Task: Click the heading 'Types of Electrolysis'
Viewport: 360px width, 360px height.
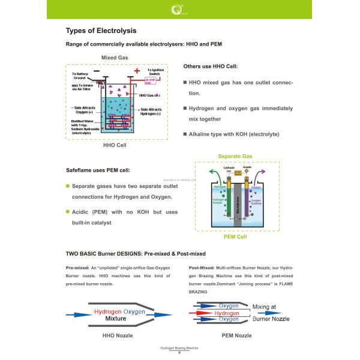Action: click(100, 31)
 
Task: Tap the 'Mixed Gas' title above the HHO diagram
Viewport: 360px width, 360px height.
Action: click(115, 58)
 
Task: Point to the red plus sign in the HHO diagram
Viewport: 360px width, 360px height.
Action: click(137, 71)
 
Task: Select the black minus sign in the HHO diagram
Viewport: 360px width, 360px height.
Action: click(106, 71)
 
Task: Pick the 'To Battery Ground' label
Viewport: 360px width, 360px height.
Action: click(79, 76)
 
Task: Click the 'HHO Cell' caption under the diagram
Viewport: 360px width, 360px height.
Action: click(114, 145)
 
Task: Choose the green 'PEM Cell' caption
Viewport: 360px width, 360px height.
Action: click(235, 237)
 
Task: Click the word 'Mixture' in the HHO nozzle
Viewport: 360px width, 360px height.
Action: click(119, 319)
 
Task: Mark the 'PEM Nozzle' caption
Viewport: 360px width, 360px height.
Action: click(236, 335)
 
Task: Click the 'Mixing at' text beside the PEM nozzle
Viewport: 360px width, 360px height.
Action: click(264, 307)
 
